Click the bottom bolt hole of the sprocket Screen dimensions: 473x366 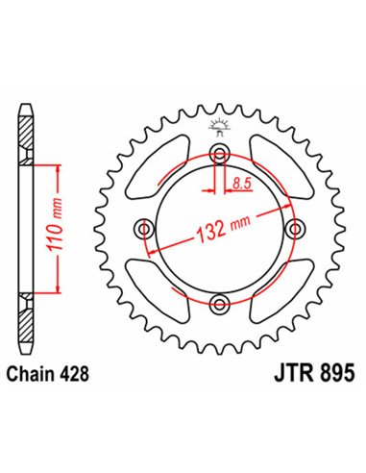[x=220, y=305]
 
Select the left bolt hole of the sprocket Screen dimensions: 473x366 [x=146, y=229]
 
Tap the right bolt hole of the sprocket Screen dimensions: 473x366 [x=295, y=229]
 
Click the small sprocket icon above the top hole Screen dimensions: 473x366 [x=220, y=126]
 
